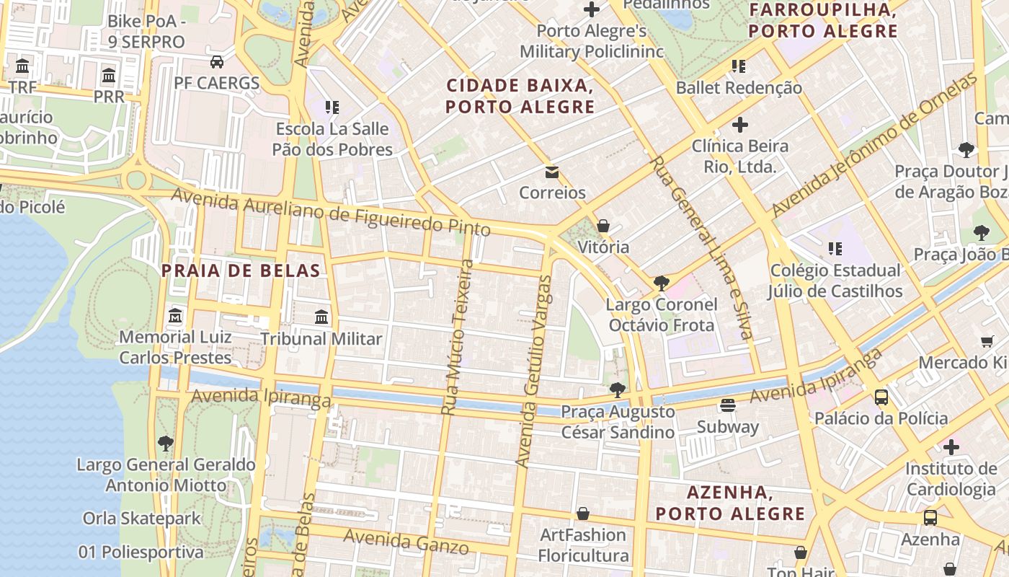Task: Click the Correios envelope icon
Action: [552, 172]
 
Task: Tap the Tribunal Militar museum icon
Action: [321, 317]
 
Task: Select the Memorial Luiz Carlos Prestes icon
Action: [175, 316]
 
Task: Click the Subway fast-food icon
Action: [728, 405]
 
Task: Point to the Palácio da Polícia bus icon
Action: [881, 397]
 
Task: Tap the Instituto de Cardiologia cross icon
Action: [951, 447]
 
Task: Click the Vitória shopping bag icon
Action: [603, 226]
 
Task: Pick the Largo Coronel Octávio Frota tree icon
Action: [661, 283]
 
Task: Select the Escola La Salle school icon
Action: [332, 107]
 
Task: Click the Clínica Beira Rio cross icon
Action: [739, 125]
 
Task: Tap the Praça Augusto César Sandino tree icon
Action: [617, 390]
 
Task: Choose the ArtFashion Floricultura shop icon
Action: [583, 514]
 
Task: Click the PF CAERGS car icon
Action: [216, 61]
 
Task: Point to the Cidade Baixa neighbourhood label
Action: [520, 96]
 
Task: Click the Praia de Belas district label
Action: [241, 271]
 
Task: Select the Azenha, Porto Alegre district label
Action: [730, 503]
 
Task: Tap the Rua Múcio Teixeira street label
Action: [458, 337]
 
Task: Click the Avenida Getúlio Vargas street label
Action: [534, 371]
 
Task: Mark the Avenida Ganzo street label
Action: [406, 542]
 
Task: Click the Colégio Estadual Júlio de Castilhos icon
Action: [835, 249]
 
